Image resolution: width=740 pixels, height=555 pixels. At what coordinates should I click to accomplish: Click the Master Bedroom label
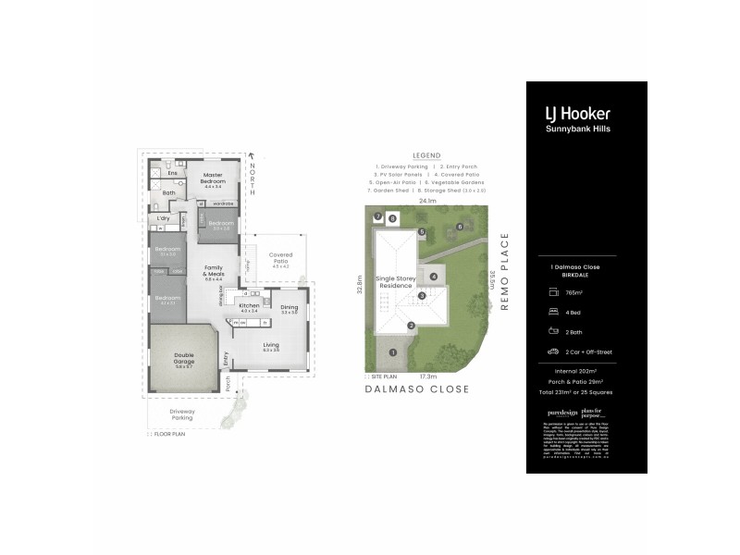213,181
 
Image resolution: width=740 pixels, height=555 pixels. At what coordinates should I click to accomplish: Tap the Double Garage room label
183,361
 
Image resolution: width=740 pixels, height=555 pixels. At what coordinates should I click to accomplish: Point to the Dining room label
289,307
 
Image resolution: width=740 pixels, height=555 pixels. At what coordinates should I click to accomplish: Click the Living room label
270,345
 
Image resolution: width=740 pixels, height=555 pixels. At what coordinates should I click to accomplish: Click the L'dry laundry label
163,218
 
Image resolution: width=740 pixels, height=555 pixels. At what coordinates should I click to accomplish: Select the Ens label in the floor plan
171,173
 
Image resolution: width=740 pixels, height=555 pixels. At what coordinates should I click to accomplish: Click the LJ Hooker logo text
576,114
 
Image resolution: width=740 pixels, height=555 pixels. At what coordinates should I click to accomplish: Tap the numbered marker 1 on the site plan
392,352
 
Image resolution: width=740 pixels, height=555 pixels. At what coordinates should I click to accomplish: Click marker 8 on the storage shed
392,219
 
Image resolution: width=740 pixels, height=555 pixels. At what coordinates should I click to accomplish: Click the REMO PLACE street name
504,273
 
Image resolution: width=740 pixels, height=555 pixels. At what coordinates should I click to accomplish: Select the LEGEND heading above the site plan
427,155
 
